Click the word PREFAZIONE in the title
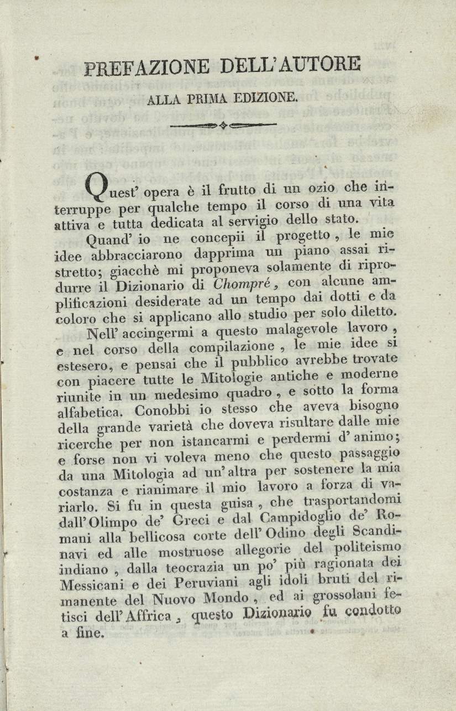(x=148, y=68)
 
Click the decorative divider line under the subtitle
(x=223, y=125)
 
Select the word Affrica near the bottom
(x=147, y=616)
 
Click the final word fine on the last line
(x=91, y=634)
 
